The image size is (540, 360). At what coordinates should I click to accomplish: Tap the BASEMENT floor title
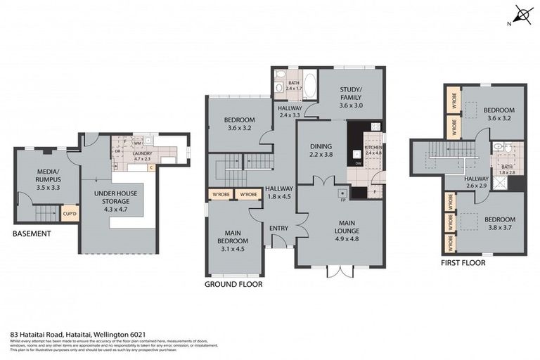click(32, 233)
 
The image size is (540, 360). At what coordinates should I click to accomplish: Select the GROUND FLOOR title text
click(233, 285)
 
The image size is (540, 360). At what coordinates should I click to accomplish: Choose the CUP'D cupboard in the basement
click(70, 212)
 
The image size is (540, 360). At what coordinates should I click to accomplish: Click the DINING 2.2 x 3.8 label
click(320, 150)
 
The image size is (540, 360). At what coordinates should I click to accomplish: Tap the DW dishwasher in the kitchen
click(359, 163)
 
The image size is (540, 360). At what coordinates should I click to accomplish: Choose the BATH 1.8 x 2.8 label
click(506, 169)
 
